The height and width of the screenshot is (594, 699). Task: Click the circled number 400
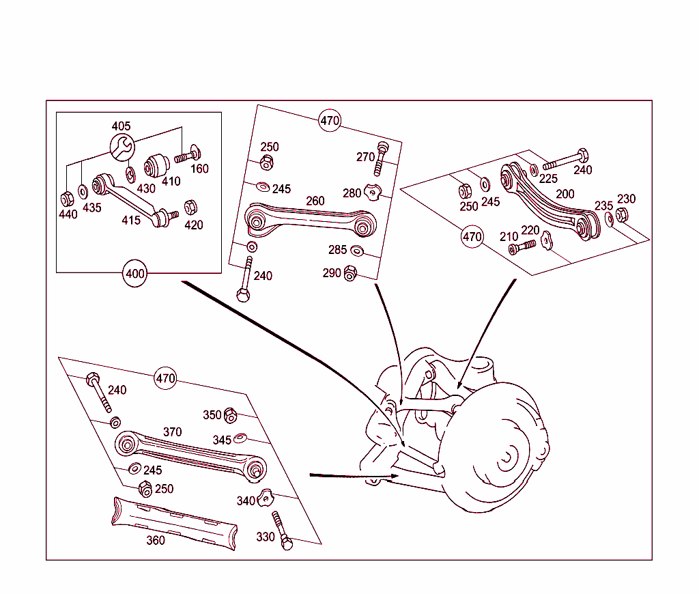click(x=135, y=274)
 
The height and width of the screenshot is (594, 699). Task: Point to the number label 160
click(x=199, y=169)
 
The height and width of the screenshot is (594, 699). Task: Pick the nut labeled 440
click(x=67, y=199)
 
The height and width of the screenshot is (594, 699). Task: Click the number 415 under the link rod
click(x=130, y=220)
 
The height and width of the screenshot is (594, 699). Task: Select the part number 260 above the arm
click(x=315, y=201)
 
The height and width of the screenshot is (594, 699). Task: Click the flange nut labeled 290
click(x=350, y=273)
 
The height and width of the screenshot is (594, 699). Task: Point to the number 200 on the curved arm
click(x=565, y=194)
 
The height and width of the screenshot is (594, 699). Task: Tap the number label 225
click(x=548, y=179)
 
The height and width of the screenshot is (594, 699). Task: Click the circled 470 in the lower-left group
click(x=166, y=379)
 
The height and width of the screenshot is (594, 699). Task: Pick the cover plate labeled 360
click(x=175, y=522)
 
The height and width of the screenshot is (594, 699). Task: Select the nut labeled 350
click(x=230, y=414)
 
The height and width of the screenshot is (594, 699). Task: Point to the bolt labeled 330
click(x=282, y=531)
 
